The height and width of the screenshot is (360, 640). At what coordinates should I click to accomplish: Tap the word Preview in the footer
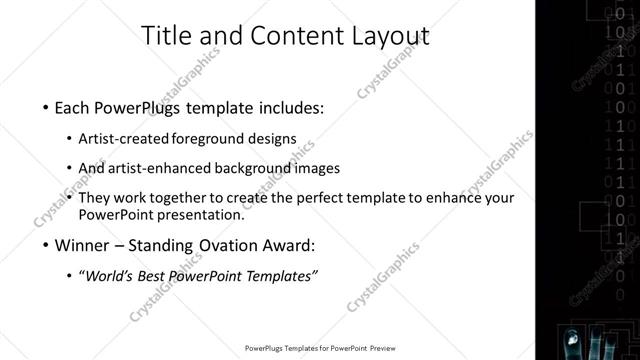click(x=390, y=348)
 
